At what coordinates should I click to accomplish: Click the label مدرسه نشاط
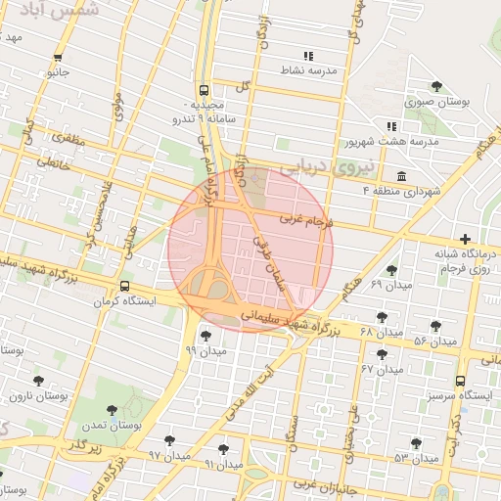tap(309, 71)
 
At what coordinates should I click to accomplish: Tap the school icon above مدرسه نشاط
tap(309, 55)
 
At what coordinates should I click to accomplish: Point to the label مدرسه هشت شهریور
tap(390, 142)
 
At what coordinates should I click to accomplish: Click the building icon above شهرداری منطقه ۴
tap(401, 174)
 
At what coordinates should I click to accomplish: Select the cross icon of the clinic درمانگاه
tap(464, 239)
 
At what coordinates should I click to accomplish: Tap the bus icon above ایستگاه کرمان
tap(124, 287)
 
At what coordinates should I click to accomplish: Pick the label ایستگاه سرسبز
tap(462, 396)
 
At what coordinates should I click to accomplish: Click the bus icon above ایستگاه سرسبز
tap(460, 381)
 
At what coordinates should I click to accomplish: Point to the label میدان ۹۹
tap(205, 349)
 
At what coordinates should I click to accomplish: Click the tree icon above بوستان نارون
tap(39, 381)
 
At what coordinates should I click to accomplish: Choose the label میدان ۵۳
tap(415, 458)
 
